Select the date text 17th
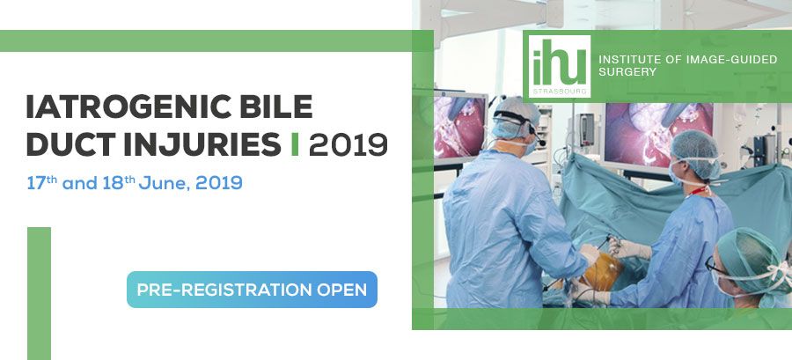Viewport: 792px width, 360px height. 42,182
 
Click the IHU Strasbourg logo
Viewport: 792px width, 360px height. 559,66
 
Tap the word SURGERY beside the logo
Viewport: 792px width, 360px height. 627,72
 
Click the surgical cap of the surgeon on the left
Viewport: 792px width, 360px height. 517,117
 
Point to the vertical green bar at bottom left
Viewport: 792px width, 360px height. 39,293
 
